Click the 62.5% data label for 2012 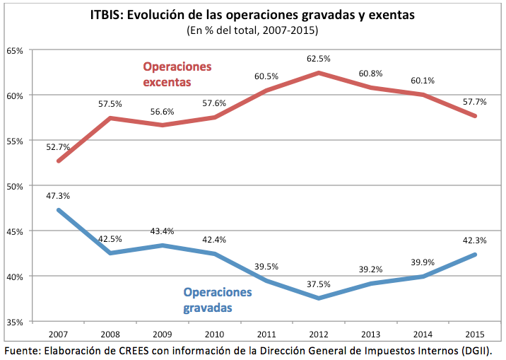pyautogui.click(x=319, y=59)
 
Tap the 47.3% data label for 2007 pyautogui.click(x=58, y=196)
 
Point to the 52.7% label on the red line pyautogui.click(x=58, y=147)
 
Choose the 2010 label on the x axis pyautogui.click(x=215, y=333)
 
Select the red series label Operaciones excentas pyautogui.click(x=177, y=74)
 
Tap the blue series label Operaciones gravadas pyautogui.click(x=217, y=300)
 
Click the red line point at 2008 pyautogui.click(x=110, y=117)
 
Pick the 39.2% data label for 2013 pyautogui.click(x=372, y=269)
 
